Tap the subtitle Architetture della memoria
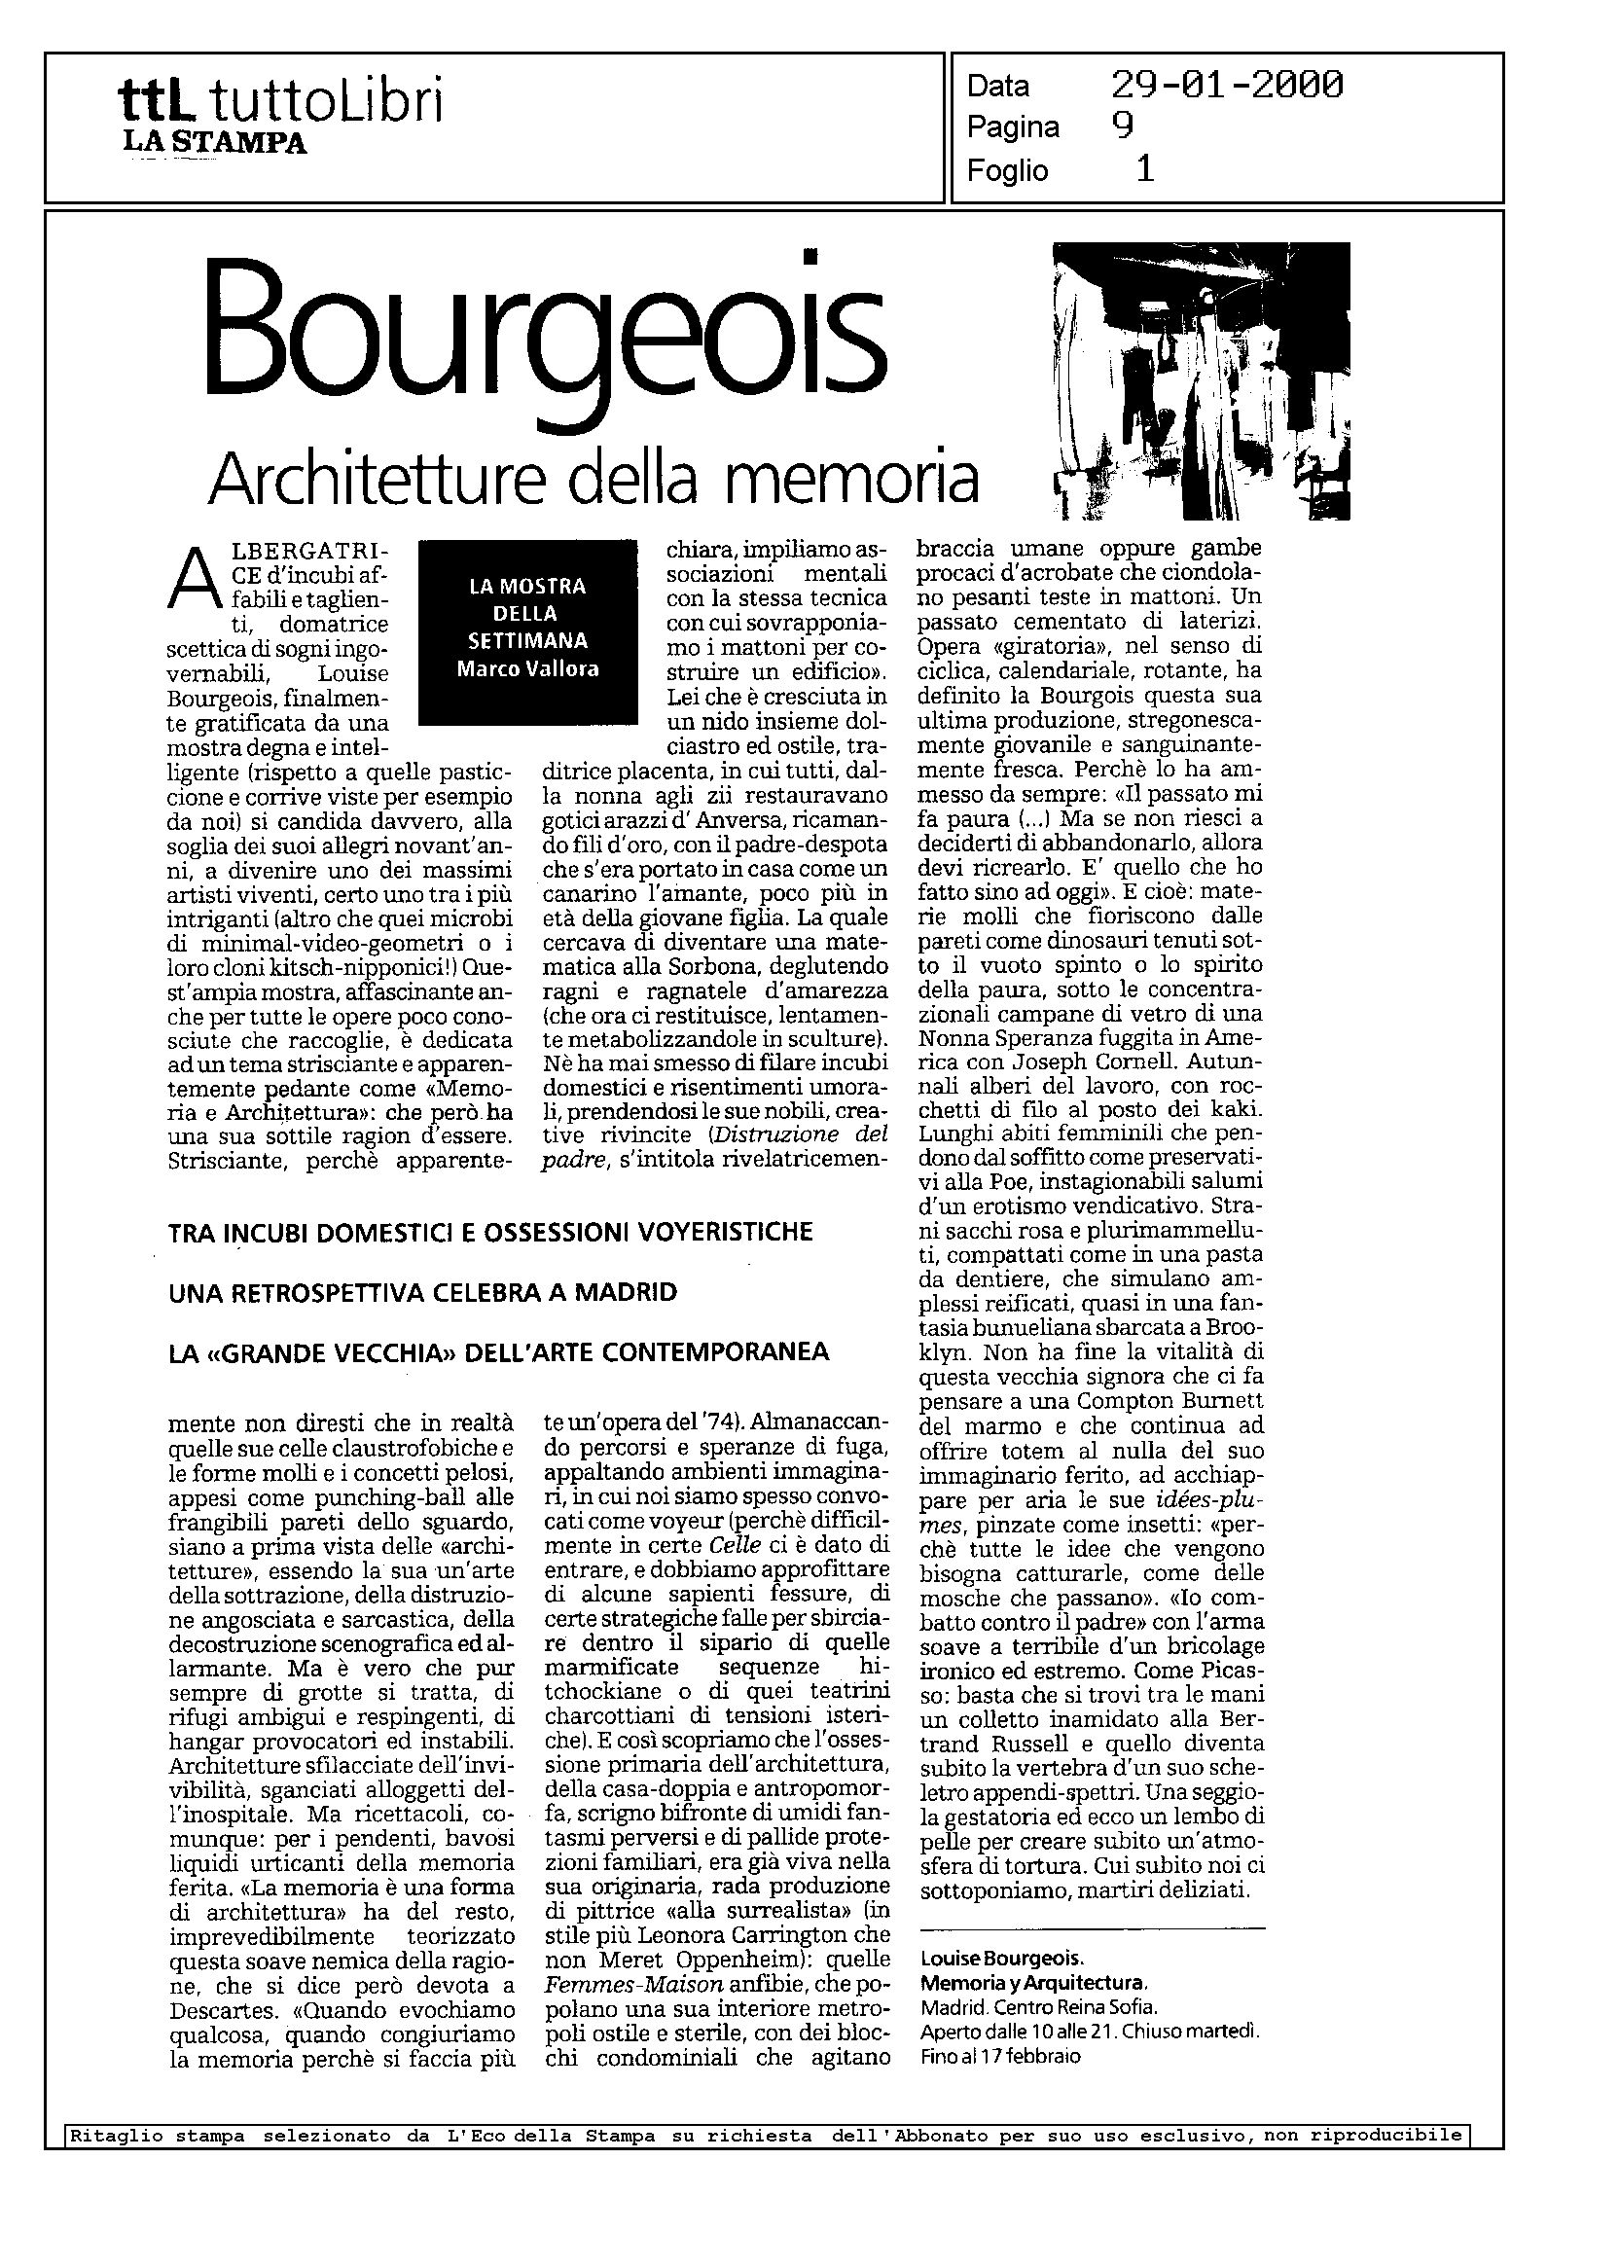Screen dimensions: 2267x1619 (594, 480)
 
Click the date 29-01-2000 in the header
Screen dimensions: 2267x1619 (1226, 86)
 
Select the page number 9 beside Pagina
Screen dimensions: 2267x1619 (1123, 126)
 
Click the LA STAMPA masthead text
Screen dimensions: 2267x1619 (214, 144)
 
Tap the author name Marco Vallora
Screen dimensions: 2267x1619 (527, 669)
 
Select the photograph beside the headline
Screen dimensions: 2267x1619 (1203, 380)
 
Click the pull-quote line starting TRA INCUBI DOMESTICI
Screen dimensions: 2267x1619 (490, 1232)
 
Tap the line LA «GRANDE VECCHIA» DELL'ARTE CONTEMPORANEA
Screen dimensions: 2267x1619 (498, 1352)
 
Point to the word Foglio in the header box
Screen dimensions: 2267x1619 (1007, 170)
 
